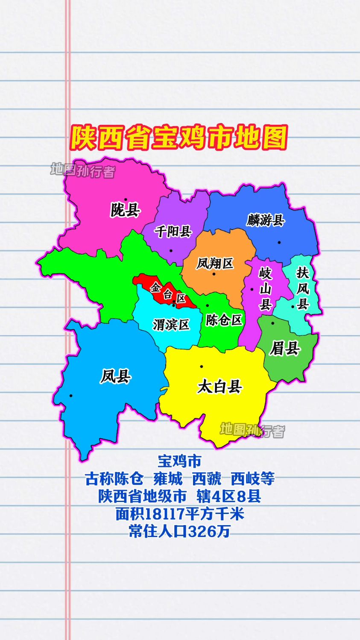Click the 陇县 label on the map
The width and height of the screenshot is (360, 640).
126,210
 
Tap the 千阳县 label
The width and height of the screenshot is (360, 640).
173,232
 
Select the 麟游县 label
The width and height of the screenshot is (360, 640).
265,220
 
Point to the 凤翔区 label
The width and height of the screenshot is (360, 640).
215,263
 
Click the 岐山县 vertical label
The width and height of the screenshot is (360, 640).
265,289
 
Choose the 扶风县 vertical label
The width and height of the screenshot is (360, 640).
303,288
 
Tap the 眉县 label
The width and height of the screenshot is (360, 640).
285,349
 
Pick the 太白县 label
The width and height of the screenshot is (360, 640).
220,387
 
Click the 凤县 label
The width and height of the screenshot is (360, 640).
116,376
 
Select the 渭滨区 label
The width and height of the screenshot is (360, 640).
171,325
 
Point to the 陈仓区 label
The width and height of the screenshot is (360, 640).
224,320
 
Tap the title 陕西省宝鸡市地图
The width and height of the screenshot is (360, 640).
179,138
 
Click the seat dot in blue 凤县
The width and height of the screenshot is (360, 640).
71,396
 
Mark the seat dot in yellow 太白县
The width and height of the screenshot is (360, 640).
201,367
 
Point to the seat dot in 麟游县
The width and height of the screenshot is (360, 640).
279,242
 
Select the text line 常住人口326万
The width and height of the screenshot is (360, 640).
179,531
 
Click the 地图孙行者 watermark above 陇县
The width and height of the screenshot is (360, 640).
83,170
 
